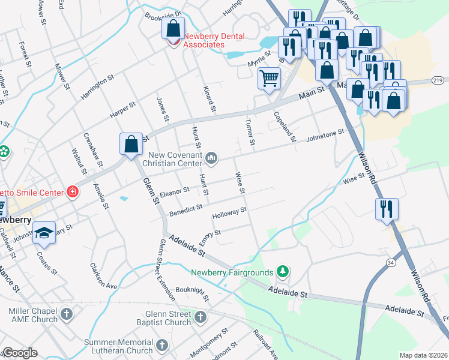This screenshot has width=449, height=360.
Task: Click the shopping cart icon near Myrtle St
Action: [269, 77]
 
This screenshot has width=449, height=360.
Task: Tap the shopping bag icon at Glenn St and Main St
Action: [131, 144]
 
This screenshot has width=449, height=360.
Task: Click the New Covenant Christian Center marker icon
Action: [211, 158]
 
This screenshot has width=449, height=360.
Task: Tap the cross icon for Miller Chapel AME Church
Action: [67, 314]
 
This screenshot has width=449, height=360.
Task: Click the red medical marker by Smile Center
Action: [73, 192]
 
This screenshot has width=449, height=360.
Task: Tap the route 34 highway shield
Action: [391, 262]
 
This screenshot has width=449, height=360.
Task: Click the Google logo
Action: [20, 353]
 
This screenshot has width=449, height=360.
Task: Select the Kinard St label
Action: [209, 98]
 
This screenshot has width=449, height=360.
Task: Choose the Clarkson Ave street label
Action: [103, 275]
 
